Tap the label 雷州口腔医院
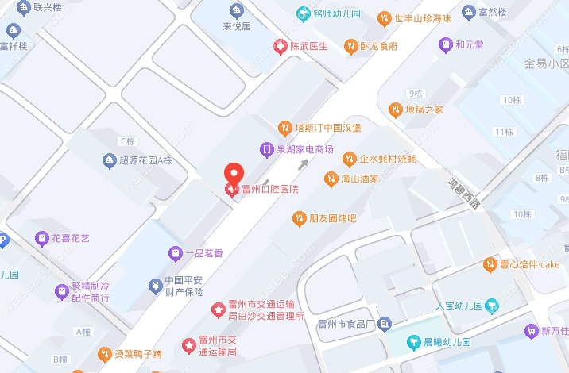tap(270, 190)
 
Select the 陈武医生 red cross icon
tap(279, 47)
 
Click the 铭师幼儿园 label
tap(336, 14)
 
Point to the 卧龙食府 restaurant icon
tap(350, 47)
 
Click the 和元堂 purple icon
tap(446, 44)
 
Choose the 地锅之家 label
tap(424, 110)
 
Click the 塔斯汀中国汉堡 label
tap(328, 128)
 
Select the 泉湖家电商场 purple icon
tap(267, 149)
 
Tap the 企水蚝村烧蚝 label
tap(388, 159)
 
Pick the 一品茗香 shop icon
tap(176, 254)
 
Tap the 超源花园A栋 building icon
tap(109, 161)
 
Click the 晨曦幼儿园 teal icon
tap(413, 343)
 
